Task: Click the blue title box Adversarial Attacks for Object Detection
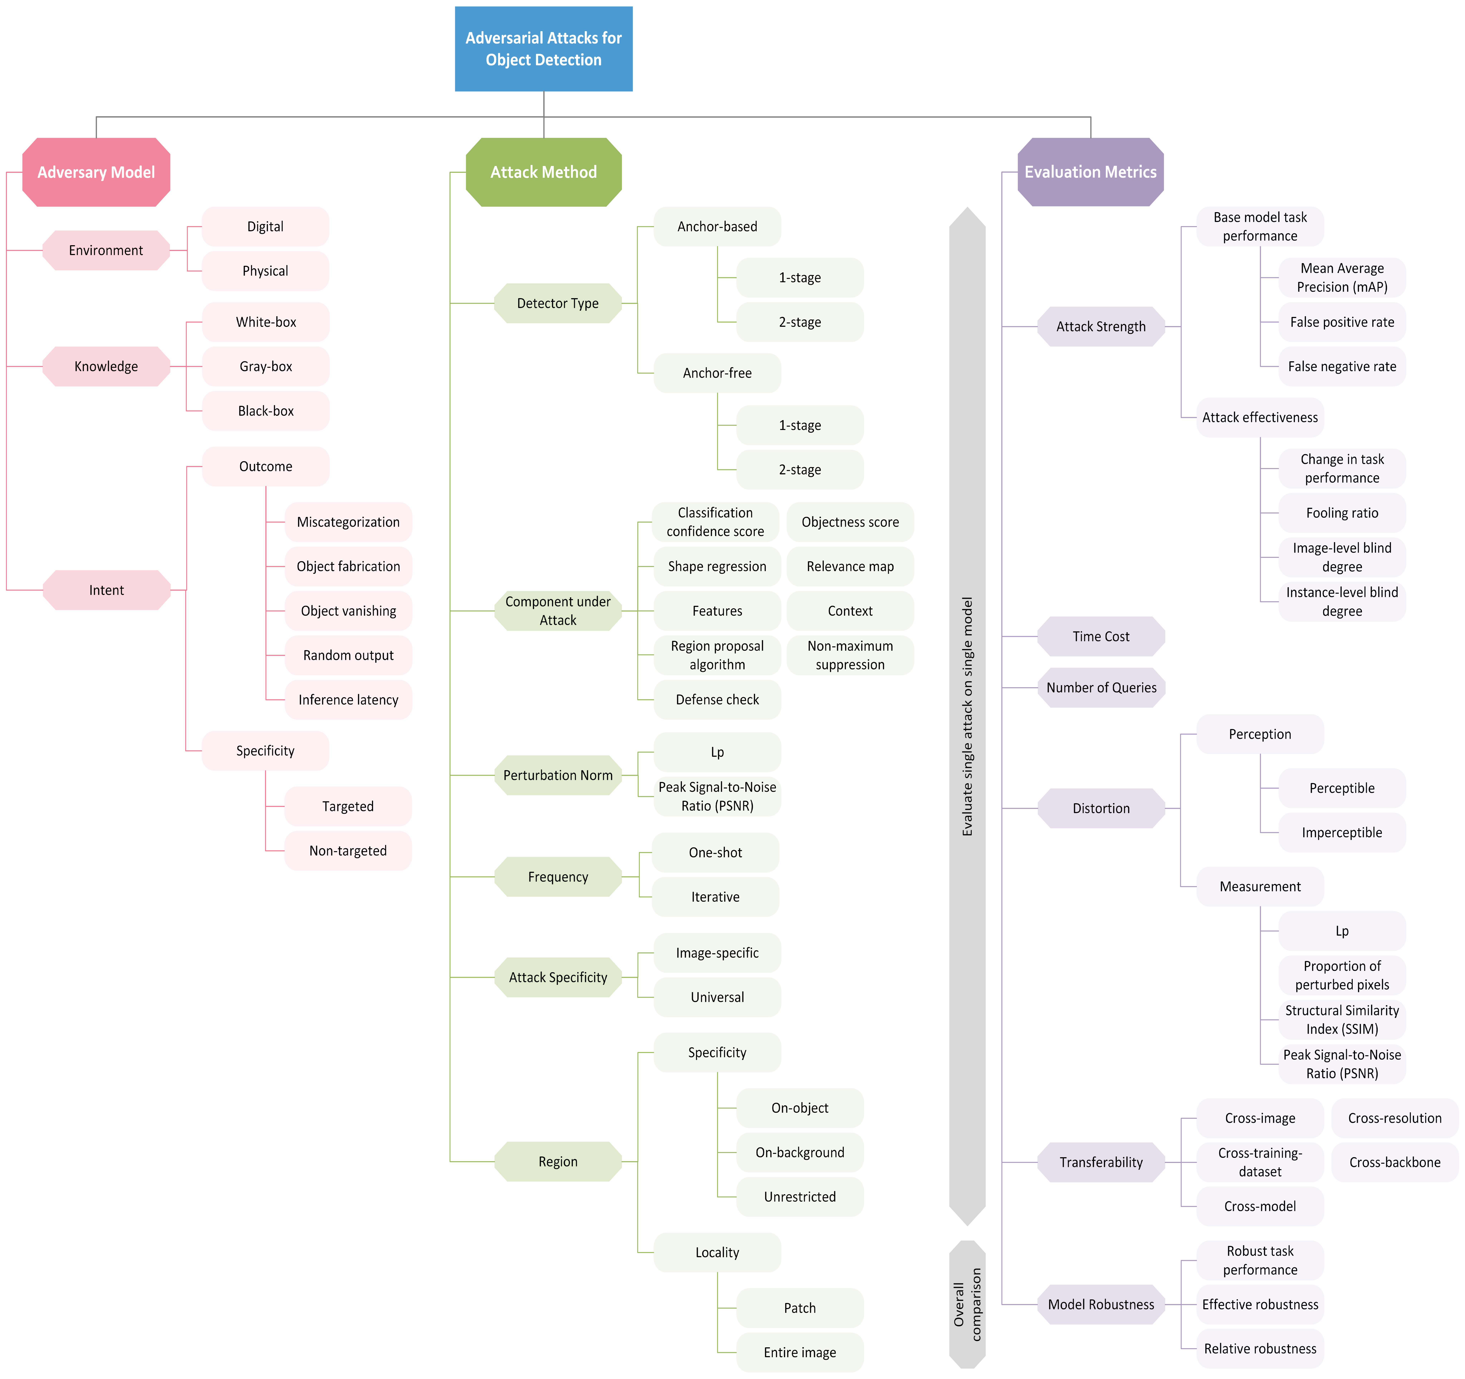[543, 49]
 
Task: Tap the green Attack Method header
[543, 172]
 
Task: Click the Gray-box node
[265, 366]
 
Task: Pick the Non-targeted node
[348, 850]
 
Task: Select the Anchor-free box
[717, 373]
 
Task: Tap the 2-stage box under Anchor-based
[800, 322]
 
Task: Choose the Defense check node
[717, 700]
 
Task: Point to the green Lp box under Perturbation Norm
[717, 752]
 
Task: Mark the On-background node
[800, 1152]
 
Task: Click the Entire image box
[800, 1352]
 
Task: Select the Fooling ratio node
[1342, 513]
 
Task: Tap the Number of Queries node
[1101, 688]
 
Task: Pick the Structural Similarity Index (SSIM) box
[1342, 1019]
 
